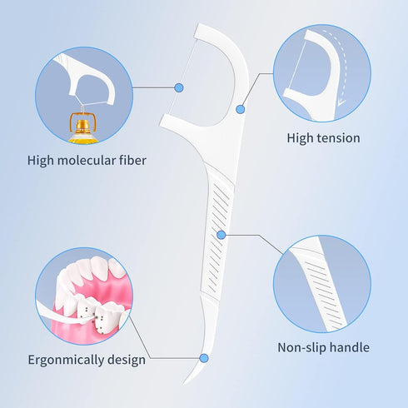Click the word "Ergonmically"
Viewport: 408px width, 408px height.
pos(66,360)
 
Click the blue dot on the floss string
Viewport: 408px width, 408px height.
pos(179,87)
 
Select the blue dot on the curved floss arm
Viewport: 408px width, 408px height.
pos(241,109)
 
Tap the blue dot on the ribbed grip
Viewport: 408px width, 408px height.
pos(221,235)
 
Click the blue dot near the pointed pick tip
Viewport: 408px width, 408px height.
pos(204,358)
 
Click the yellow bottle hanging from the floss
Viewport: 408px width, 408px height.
pos(83,128)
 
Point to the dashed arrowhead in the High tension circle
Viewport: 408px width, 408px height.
pos(341,103)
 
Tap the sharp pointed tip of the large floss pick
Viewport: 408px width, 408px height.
pos(183,385)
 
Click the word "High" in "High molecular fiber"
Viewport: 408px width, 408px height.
pos(41,160)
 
